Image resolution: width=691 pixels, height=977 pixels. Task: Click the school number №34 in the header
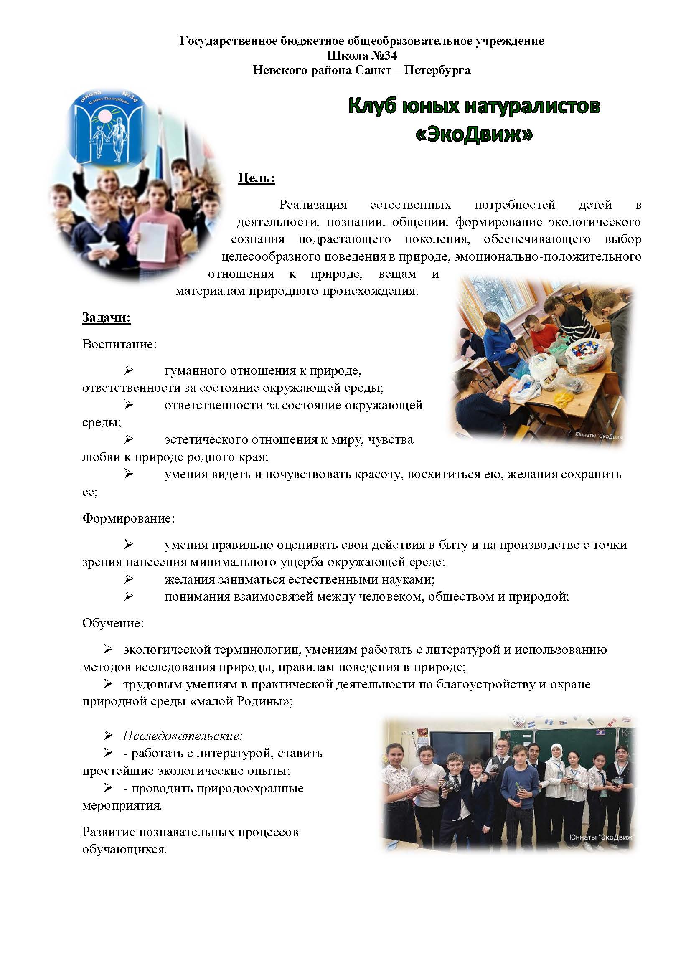coord(385,55)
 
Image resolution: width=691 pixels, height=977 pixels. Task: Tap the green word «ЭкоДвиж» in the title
coord(474,135)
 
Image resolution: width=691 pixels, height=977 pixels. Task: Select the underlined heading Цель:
coord(256,178)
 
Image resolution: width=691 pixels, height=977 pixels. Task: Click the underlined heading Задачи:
coord(107,318)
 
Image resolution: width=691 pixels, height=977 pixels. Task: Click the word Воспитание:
coord(119,344)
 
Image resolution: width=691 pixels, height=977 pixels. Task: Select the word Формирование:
coord(128,518)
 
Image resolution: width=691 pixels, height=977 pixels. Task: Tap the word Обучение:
coord(113,623)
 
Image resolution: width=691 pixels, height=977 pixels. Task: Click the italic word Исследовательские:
coord(183,735)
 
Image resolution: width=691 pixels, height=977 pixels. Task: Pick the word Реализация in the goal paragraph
coord(313,205)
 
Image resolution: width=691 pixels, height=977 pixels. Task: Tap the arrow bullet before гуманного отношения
coord(129,370)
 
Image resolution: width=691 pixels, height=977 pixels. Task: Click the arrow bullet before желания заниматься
coord(129,579)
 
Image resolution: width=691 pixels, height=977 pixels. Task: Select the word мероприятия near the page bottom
coord(122,805)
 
